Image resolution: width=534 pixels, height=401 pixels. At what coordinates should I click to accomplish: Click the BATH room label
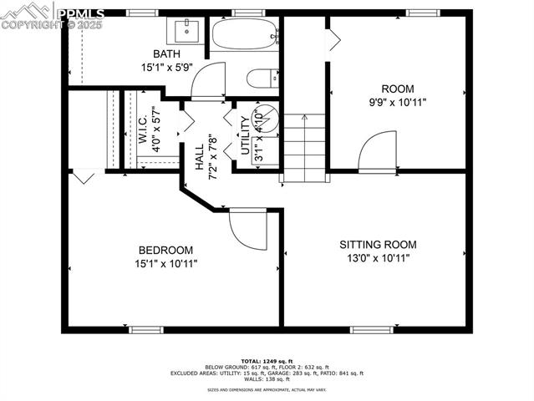[167, 55]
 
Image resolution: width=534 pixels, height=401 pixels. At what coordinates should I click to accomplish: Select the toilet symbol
[261, 79]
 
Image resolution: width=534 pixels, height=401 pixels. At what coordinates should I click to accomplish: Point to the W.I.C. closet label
[143, 126]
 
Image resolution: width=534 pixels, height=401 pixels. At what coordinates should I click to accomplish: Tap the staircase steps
[303, 146]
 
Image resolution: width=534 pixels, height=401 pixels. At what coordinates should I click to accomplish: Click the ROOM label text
[397, 89]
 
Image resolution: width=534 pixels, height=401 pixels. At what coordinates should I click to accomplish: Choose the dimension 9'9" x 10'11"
[397, 102]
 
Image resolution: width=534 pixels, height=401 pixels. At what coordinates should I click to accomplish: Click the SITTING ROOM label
[377, 245]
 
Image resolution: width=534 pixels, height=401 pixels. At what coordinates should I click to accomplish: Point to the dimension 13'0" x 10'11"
[377, 258]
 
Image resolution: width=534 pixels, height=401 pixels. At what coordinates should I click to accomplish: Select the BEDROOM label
[165, 250]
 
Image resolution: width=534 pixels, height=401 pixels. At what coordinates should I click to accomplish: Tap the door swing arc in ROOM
[376, 150]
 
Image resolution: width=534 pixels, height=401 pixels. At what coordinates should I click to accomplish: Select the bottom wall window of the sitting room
[370, 329]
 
